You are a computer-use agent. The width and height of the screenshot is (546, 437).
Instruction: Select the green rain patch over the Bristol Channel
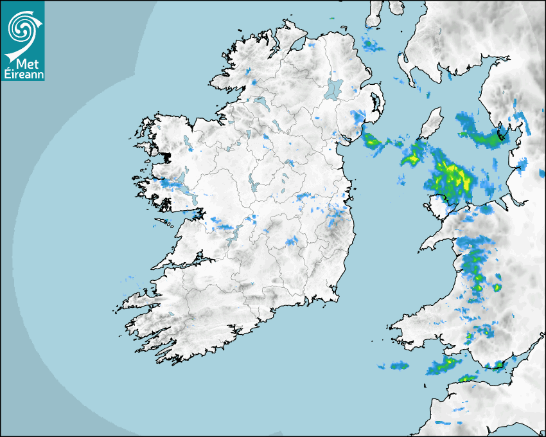tap(443, 366)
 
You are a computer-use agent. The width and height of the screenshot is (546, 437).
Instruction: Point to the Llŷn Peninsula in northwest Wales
tap(437, 241)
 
